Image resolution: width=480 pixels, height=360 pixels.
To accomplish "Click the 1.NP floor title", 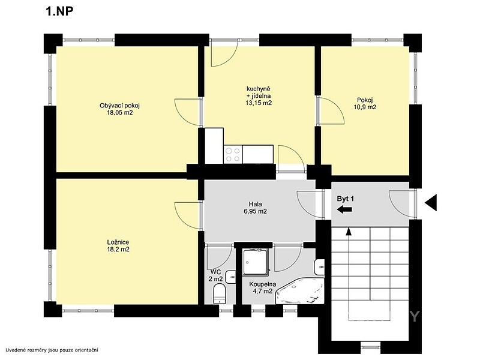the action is pyautogui.click(x=59, y=11).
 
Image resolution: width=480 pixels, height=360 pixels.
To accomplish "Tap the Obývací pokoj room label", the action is pyautogui.click(x=119, y=106).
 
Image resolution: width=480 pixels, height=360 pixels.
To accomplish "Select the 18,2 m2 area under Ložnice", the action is pyautogui.click(x=118, y=249).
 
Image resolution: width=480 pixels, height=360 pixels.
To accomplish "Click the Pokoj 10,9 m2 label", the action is pyautogui.click(x=365, y=103).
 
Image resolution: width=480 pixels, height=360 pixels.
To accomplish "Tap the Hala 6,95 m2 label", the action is pyautogui.click(x=256, y=208).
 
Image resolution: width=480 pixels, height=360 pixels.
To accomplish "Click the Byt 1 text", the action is pyautogui.click(x=346, y=199).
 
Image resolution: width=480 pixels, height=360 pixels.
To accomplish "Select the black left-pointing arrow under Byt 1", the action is pyautogui.click(x=344, y=209).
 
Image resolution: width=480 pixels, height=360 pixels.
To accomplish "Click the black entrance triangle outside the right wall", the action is pyautogui.click(x=431, y=203).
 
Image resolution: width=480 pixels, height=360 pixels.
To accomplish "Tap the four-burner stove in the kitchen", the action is pyautogui.click(x=233, y=154).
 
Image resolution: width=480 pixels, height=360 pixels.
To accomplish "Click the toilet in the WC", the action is pyautogui.click(x=219, y=293).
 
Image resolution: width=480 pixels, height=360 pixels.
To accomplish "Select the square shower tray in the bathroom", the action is pyautogui.click(x=256, y=261).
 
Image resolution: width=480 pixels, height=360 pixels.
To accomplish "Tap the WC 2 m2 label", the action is pyautogui.click(x=216, y=275).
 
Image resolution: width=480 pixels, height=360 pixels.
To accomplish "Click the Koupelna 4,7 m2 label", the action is pyautogui.click(x=262, y=288).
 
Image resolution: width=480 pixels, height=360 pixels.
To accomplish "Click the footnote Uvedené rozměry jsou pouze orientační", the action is pyautogui.click(x=52, y=350).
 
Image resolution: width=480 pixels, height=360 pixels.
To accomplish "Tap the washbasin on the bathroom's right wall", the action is pyautogui.click(x=319, y=267).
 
